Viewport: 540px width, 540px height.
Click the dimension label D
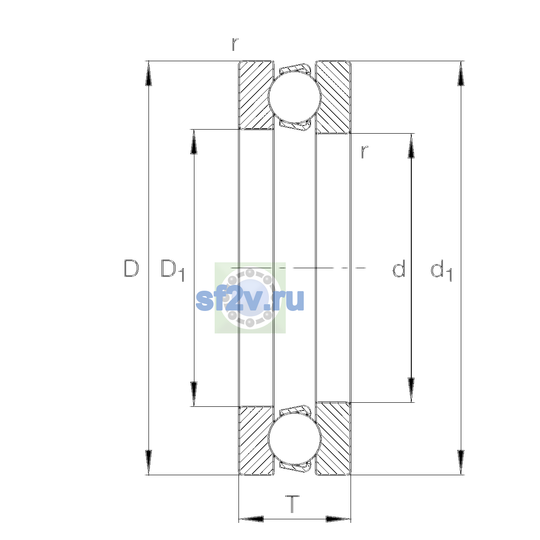(131, 268)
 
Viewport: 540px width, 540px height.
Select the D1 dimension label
(172, 270)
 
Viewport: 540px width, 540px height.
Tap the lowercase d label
(399, 268)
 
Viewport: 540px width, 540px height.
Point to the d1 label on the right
(441, 270)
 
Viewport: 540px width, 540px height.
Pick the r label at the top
(235, 44)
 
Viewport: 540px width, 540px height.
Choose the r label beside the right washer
(364, 152)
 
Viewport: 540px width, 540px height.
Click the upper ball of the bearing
(294, 97)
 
